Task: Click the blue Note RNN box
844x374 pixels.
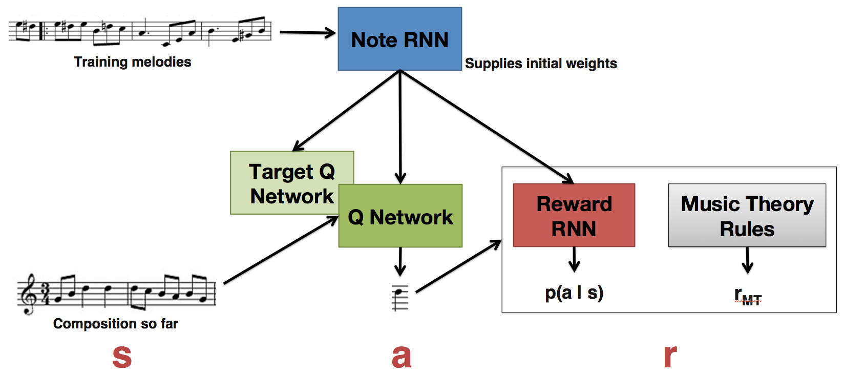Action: click(399, 39)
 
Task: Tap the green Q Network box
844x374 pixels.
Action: click(400, 217)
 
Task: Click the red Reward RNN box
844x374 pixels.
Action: click(574, 216)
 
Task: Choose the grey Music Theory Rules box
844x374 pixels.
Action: click(747, 216)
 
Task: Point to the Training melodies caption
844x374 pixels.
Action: click(132, 62)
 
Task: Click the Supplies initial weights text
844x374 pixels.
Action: click(540, 64)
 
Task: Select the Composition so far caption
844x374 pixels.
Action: click(115, 324)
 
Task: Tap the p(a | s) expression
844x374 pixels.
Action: click(574, 293)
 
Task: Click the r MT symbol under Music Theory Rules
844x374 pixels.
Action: click(747, 296)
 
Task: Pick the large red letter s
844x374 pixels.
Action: click(122, 356)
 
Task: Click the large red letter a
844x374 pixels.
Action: click(401, 356)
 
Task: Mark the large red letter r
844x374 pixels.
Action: click(670, 356)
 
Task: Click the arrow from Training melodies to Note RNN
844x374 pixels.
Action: click(307, 33)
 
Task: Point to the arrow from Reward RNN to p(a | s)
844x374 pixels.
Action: click(574, 259)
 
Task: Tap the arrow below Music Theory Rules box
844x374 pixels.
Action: click(747, 260)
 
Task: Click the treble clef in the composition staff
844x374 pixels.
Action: click(28, 294)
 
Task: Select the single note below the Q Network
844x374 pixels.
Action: click(400, 297)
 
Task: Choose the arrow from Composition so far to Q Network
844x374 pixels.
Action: click(281, 250)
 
